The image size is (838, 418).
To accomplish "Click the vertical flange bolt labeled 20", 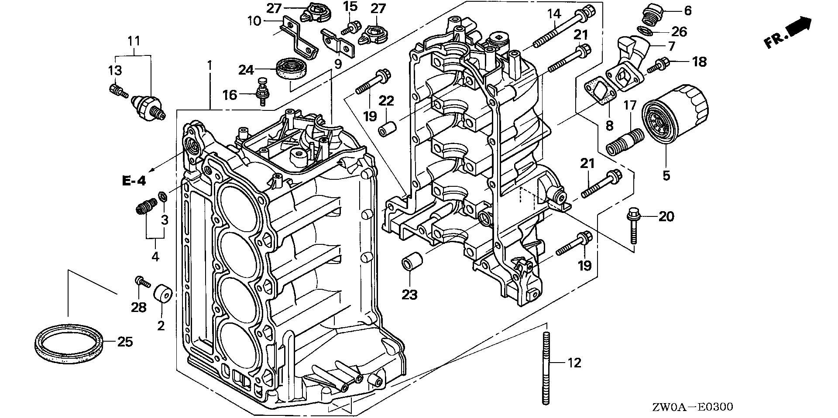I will click(x=632, y=226).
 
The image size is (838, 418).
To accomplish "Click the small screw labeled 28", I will click(x=142, y=282).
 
